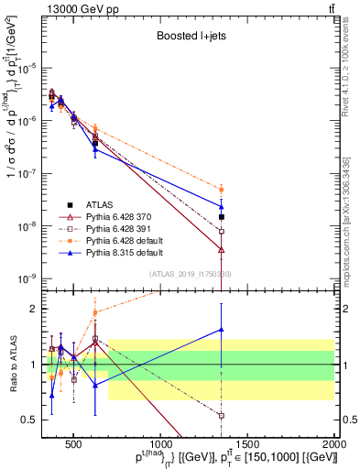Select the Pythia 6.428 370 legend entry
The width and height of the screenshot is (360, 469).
(118, 216)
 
